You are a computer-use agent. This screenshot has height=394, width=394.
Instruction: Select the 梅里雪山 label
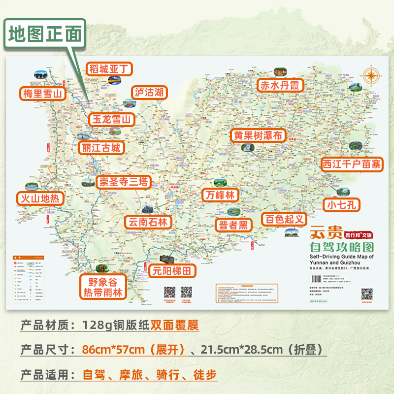click(x=43, y=94)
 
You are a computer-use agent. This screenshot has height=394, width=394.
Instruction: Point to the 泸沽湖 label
click(x=150, y=92)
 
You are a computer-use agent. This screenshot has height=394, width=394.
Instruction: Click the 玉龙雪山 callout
click(x=112, y=119)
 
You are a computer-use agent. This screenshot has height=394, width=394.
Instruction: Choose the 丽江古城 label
click(x=101, y=148)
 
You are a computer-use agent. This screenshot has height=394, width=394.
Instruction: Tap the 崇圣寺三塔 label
click(x=123, y=182)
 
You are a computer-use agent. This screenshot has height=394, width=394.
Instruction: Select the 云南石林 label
click(x=148, y=222)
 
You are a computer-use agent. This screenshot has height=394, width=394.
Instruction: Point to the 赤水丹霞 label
click(x=280, y=85)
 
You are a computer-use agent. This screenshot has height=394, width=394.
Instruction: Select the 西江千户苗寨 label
click(x=352, y=164)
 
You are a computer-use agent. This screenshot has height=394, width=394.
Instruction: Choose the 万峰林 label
click(x=220, y=195)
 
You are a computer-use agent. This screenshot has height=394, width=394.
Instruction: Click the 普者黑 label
click(x=233, y=225)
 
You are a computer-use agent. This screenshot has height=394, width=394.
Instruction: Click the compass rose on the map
click(x=371, y=75)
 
